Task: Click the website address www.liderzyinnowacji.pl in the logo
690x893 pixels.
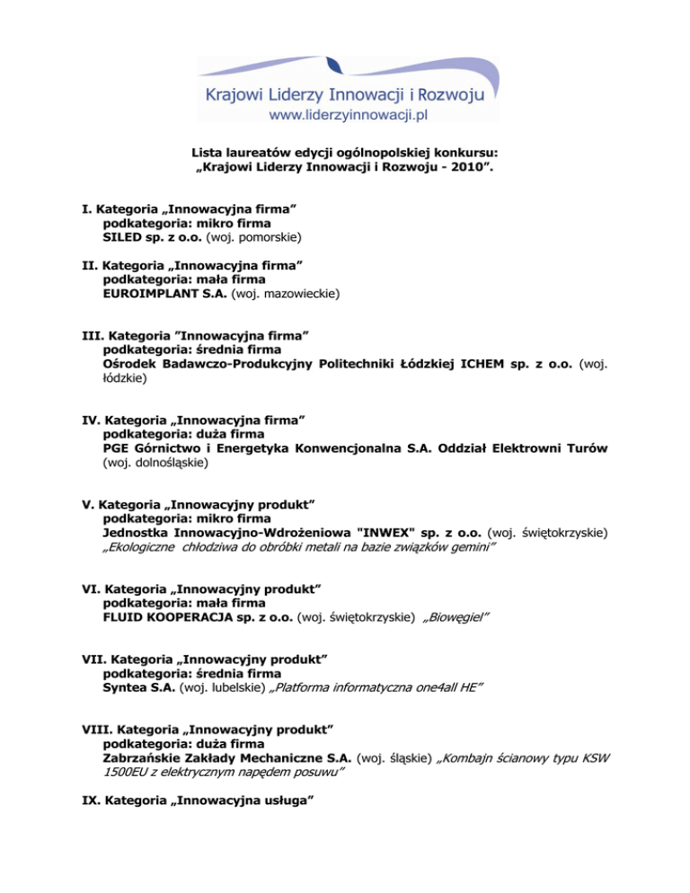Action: pyautogui.click(x=349, y=113)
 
